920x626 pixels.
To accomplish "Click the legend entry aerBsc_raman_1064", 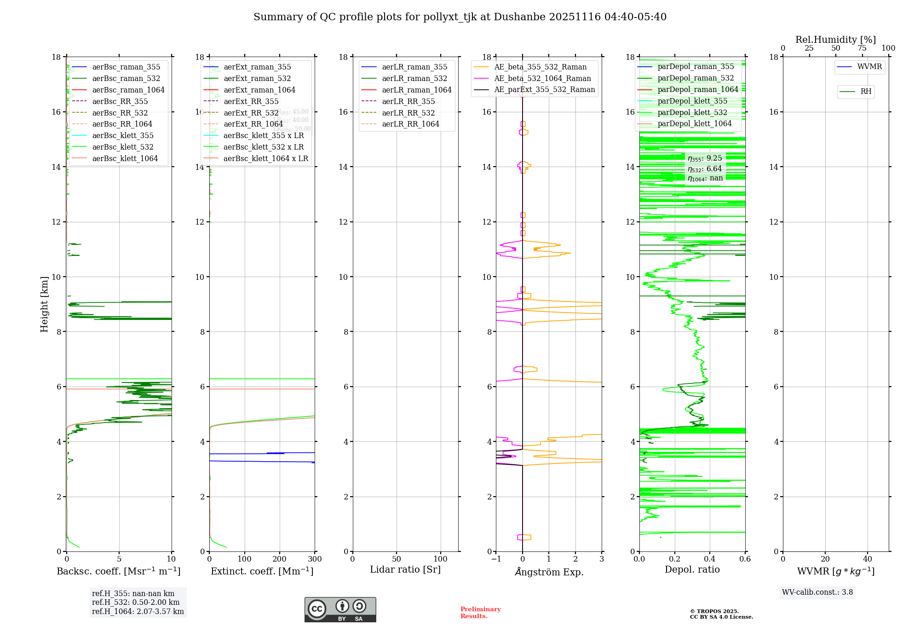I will pos(128,90).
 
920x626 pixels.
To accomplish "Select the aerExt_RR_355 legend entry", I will pos(251,101).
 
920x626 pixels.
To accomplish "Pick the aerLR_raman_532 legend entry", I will pos(414,78).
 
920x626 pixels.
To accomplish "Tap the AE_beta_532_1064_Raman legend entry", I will pos(542,78).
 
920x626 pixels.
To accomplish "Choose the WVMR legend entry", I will pos(869,67).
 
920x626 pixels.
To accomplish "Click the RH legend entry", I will pos(866,92).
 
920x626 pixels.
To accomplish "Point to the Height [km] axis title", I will pos(44,304).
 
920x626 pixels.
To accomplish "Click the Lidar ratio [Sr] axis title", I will pos(405,569).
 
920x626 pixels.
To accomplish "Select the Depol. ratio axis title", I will pos(692,569).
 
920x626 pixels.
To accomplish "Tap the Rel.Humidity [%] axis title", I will pos(835,40).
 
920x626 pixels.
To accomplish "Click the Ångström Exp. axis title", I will pos(549,572).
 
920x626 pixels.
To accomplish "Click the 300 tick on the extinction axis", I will pos(315,559).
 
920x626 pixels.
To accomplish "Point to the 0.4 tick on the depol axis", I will pos(710,559).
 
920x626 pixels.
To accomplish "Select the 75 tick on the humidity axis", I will pos(862,48).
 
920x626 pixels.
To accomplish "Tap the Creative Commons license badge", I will pos(340,609).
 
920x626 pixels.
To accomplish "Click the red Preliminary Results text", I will pos(480,613).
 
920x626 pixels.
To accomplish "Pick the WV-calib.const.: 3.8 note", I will pos(817,592).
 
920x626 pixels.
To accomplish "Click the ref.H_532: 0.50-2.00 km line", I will pos(136,603).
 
